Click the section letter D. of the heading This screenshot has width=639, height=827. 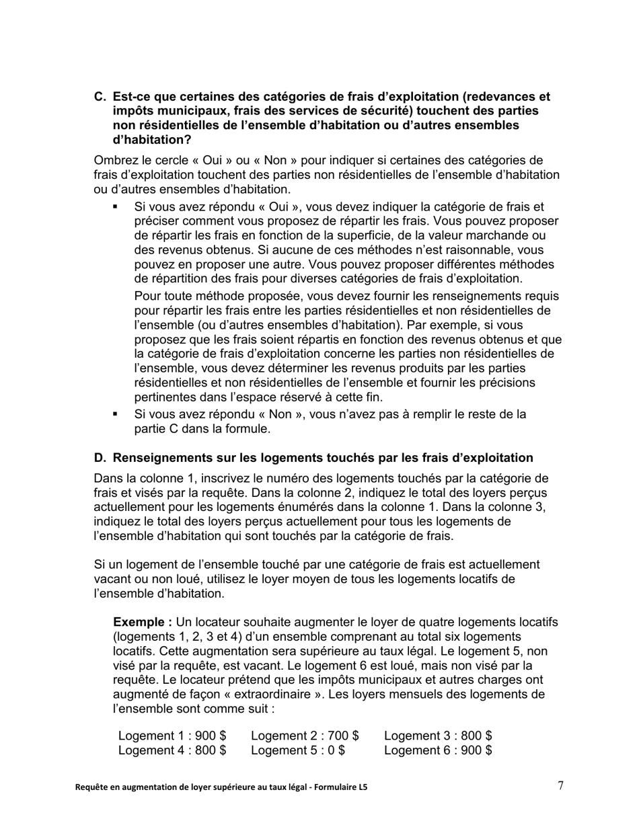(100, 458)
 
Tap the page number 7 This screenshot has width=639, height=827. (560, 785)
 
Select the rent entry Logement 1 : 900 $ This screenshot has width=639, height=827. (172, 736)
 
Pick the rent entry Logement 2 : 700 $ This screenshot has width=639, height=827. (305, 736)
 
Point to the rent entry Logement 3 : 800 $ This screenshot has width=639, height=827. (438, 736)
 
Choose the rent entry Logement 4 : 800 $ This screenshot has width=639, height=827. (172, 750)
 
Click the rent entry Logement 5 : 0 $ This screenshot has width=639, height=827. (298, 750)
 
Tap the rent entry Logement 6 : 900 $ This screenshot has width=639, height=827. (438, 750)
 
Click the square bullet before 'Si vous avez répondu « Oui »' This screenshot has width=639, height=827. (116, 207)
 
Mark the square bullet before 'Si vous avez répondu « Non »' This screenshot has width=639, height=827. (116, 414)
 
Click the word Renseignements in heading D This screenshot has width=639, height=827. (157, 458)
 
